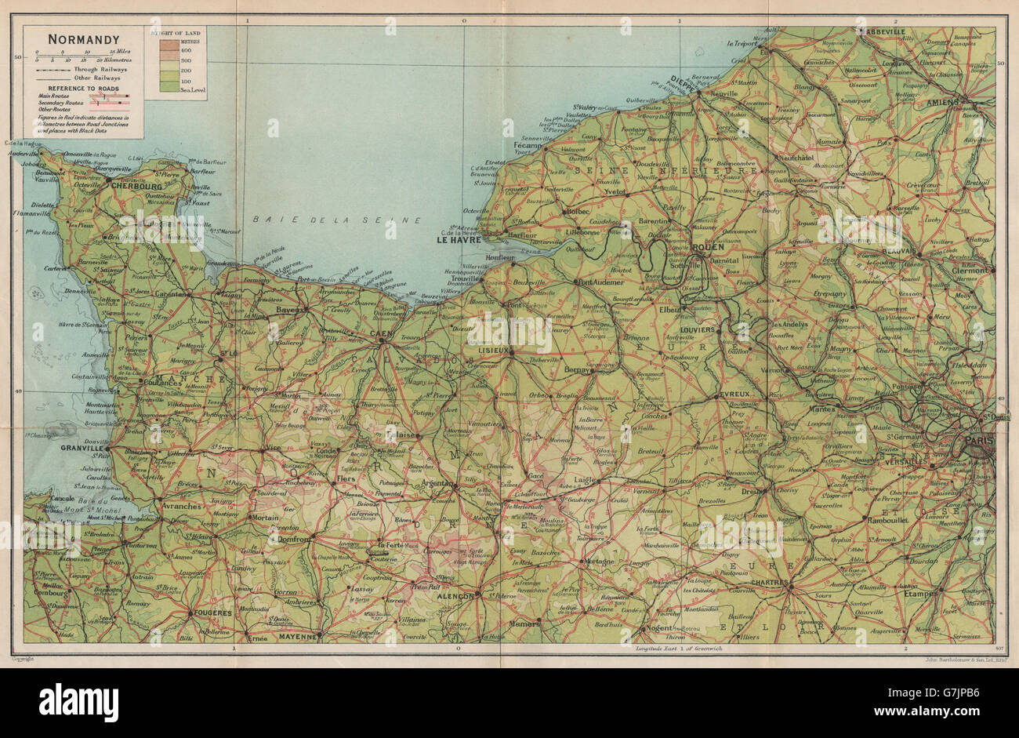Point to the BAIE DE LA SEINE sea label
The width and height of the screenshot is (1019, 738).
339,221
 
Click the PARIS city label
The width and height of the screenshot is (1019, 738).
979,442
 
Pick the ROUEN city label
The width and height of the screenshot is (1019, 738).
709,249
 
